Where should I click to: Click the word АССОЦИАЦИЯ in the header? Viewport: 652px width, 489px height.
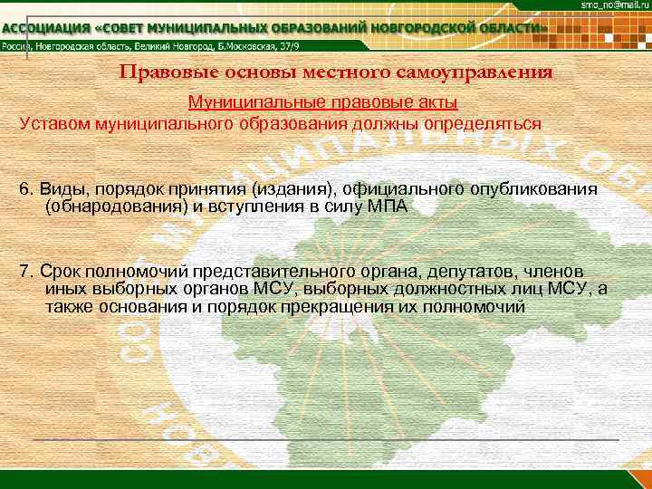point(45,28)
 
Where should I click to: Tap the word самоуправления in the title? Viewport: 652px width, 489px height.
point(484,72)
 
